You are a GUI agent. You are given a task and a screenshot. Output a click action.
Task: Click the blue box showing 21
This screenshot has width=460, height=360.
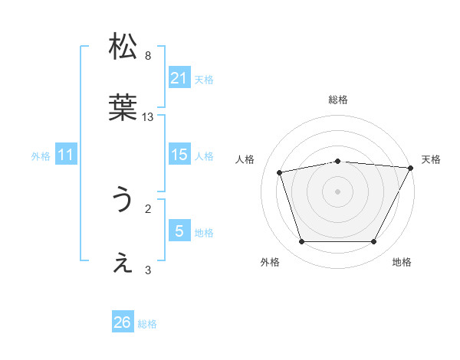tap(179, 78)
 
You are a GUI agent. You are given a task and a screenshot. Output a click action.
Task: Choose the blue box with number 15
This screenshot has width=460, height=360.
tap(179, 155)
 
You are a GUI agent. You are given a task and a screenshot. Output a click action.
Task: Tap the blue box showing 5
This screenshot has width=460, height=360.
tap(179, 231)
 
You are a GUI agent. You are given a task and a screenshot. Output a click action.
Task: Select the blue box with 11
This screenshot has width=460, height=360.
tap(66, 155)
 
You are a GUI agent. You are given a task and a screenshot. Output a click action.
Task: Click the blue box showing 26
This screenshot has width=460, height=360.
tap(123, 322)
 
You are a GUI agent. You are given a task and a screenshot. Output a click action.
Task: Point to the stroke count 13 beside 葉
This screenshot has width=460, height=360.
tap(148, 117)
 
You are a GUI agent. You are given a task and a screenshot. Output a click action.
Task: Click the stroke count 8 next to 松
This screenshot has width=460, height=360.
tap(148, 55)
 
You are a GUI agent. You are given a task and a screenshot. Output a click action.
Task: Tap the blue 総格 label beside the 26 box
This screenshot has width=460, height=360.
tap(147, 324)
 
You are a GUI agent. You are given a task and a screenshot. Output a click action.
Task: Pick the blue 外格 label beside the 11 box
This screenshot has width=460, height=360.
tap(41, 156)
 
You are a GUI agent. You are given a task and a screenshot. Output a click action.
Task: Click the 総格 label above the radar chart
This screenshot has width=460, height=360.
tap(338, 100)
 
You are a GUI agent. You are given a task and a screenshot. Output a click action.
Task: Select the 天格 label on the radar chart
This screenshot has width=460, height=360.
tap(431, 159)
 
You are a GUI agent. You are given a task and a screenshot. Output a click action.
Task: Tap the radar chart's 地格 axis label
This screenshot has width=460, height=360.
tap(402, 262)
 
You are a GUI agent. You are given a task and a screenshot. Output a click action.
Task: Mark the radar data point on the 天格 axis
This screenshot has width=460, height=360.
tap(412, 168)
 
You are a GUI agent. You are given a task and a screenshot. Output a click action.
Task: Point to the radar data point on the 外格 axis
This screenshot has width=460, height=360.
tap(301, 242)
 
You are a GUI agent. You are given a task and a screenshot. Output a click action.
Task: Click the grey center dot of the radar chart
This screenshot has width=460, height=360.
tap(338, 191)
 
